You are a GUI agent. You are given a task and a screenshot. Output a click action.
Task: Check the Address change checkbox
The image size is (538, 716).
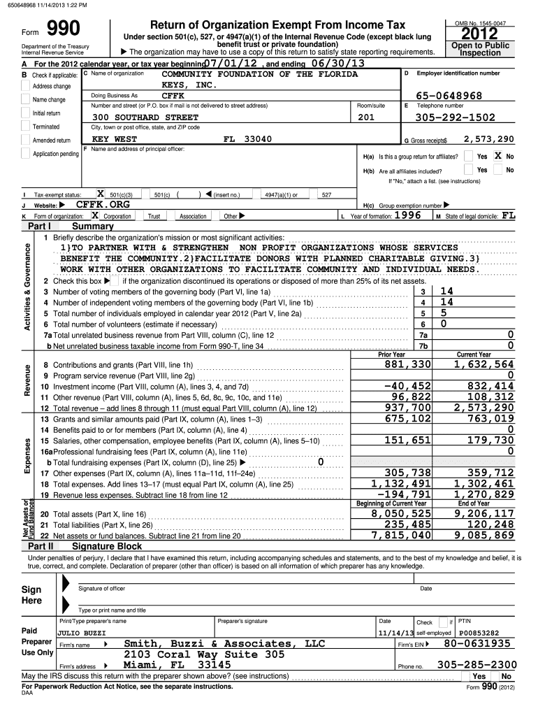pos(27,86)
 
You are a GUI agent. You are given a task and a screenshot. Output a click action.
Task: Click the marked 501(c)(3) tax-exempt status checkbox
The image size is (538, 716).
pos(100,194)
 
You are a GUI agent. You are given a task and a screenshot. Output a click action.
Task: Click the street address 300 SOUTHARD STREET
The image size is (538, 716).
pos(145,117)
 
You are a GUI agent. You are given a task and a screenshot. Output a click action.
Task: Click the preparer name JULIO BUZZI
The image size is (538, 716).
pos(81,632)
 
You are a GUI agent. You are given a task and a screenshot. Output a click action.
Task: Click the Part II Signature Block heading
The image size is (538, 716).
pos(106,546)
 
